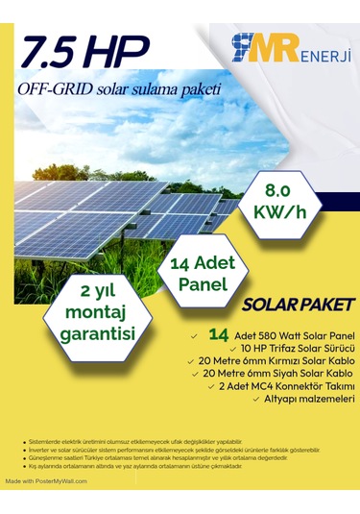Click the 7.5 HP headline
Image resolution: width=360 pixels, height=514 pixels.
click(x=84, y=50)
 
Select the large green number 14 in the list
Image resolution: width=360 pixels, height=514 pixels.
click(x=218, y=332)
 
